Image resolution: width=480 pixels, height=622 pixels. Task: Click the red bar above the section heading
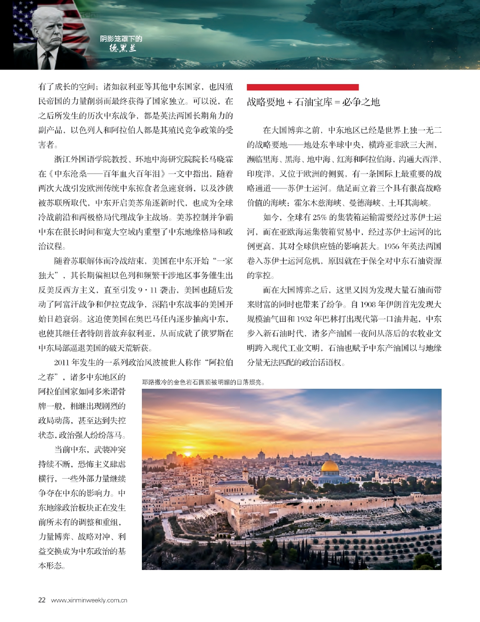[x=302, y=87]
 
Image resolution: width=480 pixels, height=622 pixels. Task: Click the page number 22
[x=42, y=600]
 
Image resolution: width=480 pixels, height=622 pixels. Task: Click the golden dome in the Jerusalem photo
[x=330, y=466]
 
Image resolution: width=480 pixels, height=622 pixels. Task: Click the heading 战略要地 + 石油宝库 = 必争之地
[x=313, y=103]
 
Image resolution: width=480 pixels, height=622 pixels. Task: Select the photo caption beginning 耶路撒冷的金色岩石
[x=203, y=382]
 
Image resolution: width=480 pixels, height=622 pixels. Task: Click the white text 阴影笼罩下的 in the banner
[x=121, y=39]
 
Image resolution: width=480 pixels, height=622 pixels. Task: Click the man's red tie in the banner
[x=48, y=62]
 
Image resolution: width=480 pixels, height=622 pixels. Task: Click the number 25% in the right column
[x=319, y=217]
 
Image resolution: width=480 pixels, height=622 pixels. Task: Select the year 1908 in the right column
[x=372, y=305]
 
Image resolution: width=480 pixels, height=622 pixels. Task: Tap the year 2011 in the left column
[x=62, y=363]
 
